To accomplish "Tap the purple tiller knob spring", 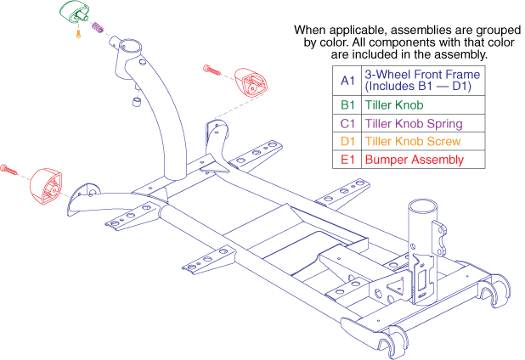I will pos(97,28).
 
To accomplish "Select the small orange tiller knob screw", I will pos(78,35).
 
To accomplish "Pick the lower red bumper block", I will pos(48,188).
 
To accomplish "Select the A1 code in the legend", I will pos(347,80).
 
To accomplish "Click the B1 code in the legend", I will pos(347,105).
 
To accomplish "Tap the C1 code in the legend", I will pos(347,123).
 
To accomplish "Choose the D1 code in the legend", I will pos(347,141).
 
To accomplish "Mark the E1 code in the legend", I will pos(347,159).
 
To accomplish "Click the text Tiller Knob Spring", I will pos(407,123).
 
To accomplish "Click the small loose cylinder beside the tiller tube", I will pos(134,103).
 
